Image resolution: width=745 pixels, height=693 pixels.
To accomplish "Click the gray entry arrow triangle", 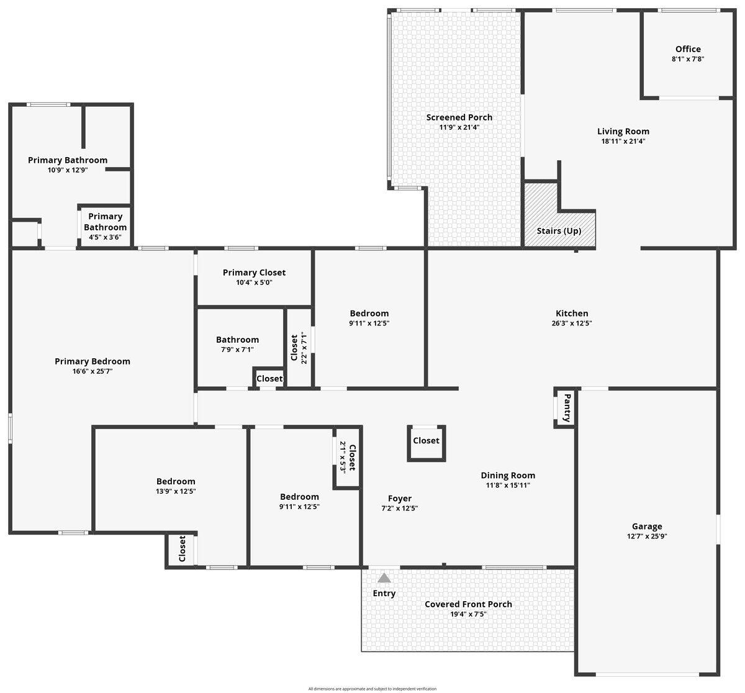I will tap(384, 578).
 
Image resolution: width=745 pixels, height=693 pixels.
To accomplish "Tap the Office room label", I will tap(688, 49).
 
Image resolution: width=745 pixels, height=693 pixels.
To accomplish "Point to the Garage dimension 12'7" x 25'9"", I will tap(647, 537).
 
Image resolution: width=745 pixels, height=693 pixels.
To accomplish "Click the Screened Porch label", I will tap(459, 117).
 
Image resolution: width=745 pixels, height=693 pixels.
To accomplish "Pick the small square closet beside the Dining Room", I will tap(427, 442).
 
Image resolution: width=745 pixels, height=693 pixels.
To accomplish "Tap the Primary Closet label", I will tap(254, 273).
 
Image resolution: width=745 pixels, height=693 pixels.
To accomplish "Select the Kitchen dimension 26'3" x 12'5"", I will tap(572, 324).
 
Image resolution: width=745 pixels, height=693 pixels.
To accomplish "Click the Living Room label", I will tap(623, 131).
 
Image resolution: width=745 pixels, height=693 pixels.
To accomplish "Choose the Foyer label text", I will tap(400, 498).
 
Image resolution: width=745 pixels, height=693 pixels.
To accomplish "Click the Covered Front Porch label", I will tap(468, 604).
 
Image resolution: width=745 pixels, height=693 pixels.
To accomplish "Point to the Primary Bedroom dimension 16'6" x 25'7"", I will tap(93, 371).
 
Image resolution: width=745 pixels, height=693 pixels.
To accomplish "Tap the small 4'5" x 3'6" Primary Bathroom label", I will tap(105, 237).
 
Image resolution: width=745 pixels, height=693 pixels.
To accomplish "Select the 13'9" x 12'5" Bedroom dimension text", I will tap(176, 491).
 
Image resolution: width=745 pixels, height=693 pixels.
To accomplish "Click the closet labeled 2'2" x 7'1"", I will tap(299, 348).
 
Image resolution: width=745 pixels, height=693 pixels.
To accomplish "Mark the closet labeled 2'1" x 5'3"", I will tap(347, 458).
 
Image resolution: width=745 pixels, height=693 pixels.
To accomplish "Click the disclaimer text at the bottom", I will tap(372, 689).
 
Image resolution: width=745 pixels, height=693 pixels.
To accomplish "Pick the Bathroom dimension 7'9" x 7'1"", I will tap(237, 350).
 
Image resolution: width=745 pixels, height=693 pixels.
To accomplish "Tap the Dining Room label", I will tap(508, 476).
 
